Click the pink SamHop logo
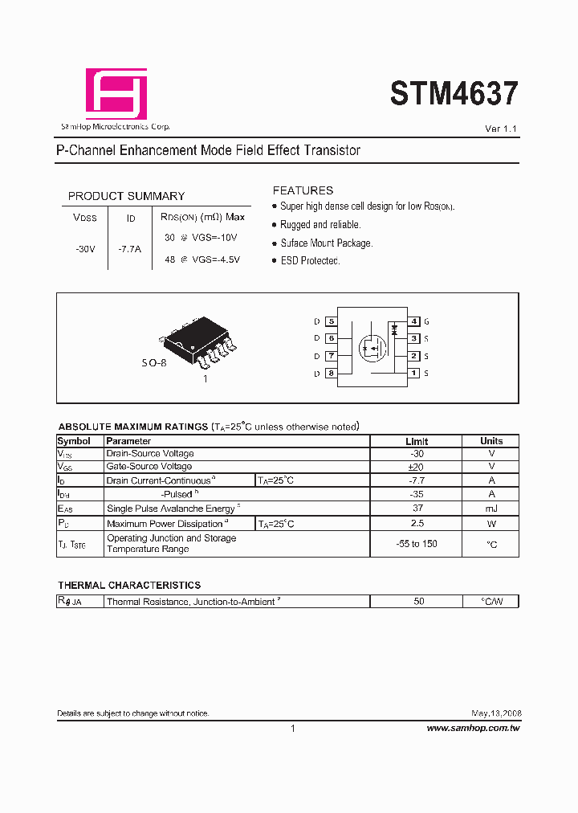[116, 93]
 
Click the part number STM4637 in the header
[454, 95]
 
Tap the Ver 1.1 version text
[502, 129]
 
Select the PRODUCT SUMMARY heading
[126, 196]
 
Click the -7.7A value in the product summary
[129, 249]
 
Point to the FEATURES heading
[303, 190]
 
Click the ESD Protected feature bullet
[310, 261]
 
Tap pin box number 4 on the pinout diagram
[414, 321]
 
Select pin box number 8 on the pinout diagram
[331, 373]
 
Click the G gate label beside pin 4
[426, 321]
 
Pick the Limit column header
[417, 441]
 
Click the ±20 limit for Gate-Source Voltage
[417, 467]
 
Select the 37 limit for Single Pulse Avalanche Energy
[417, 508]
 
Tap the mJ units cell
[491, 508]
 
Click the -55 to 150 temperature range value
[417, 544]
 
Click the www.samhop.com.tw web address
[473, 728]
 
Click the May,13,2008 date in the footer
[495, 713]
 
